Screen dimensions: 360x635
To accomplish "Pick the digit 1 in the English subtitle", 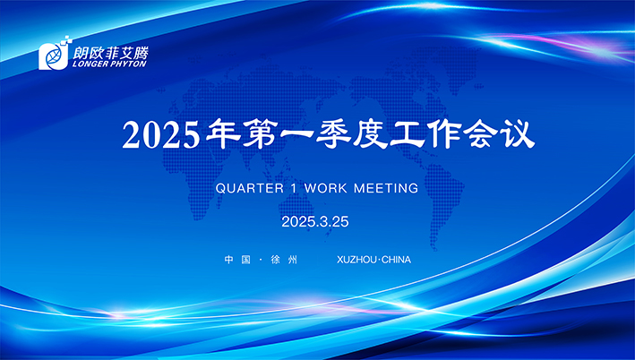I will pos(293,189).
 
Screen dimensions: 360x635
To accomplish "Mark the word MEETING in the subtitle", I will pos(387,189).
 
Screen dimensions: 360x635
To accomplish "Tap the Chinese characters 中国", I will pos(236,261).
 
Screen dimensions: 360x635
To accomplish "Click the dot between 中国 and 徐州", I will pos(260,261).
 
